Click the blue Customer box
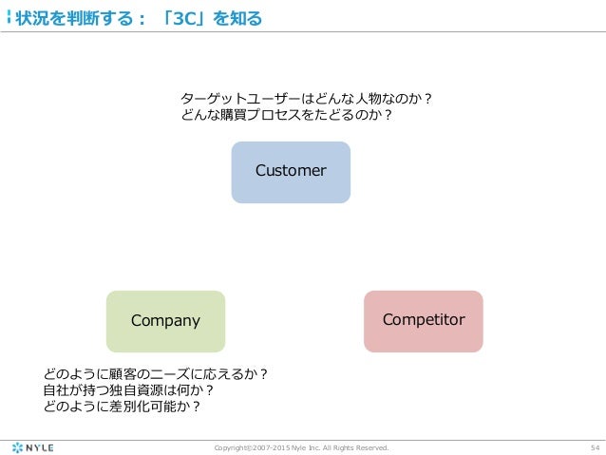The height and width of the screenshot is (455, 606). coord(291,172)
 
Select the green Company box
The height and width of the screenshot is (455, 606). coord(165,321)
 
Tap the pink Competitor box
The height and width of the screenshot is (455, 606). coord(424,321)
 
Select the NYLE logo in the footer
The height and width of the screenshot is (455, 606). coord(32,446)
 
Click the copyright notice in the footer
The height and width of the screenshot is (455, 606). coord(302,447)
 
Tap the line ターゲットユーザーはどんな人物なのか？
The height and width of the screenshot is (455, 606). coord(307,98)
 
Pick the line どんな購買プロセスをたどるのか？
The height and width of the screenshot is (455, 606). coord(287,116)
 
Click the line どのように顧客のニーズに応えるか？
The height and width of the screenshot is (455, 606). coord(156,373)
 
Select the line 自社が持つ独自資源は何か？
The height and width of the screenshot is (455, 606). coord(128,389)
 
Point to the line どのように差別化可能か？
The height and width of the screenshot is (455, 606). coord(123,407)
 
